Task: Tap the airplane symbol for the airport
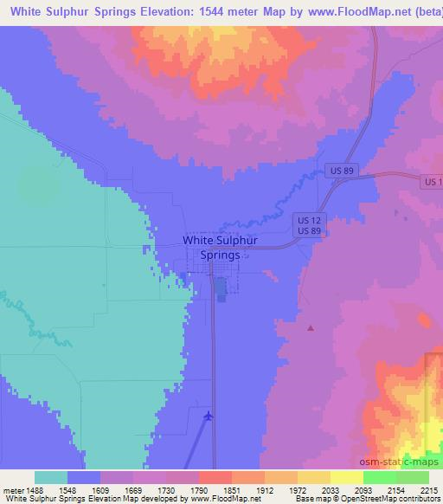(x=208, y=417)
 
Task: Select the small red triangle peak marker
(x=311, y=328)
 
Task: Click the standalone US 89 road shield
(x=341, y=172)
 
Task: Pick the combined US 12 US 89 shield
(x=308, y=225)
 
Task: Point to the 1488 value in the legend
(x=35, y=489)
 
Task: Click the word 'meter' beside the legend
(x=10, y=489)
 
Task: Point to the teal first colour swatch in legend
(x=51, y=477)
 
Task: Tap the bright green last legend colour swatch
(x=412, y=477)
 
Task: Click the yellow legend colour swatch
(x=346, y=477)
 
